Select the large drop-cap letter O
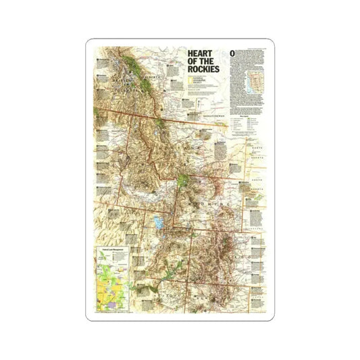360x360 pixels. tap(232, 53)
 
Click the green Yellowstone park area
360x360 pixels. tap(184, 181)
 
